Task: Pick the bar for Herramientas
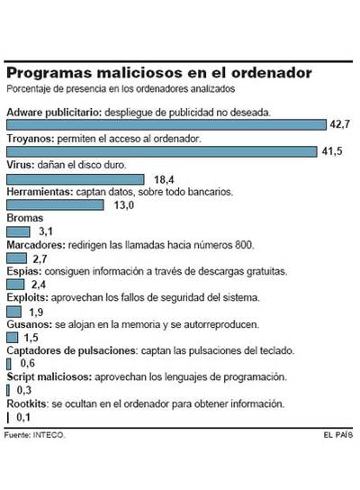tap(58, 205)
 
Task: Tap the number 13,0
tap(124, 206)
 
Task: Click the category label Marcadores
tap(33, 245)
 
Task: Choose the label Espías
tap(22, 271)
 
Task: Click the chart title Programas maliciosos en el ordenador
tap(160, 71)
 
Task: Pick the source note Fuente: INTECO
tap(35, 435)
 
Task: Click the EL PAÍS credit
tap(340, 435)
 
